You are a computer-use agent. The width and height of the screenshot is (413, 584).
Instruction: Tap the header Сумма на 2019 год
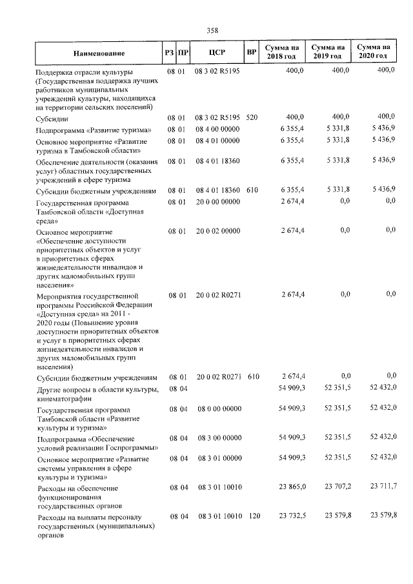pyautogui.click(x=327, y=52)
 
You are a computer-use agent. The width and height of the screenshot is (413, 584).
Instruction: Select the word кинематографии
pyautogui.click(x=70, y=398)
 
